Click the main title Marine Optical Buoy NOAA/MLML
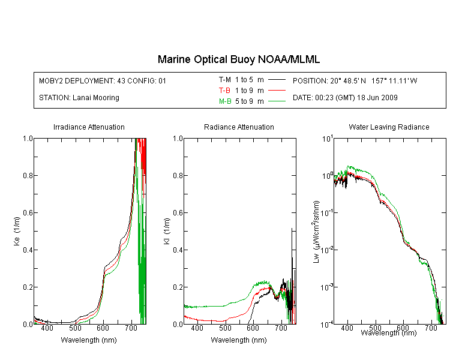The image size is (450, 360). coord(238,59)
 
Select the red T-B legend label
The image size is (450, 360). coord(224,91)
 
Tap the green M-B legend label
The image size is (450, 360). coord(225,101)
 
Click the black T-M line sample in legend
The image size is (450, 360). coord(277,80)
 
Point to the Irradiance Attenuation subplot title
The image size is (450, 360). coord(89,127)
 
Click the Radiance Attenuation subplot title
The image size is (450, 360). coord(239,127)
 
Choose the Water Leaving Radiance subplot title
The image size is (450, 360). coord(389,127)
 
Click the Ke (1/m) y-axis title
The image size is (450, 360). coord(17,231)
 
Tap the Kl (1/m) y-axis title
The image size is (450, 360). coord(167,232)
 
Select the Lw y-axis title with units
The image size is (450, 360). coord(316,232)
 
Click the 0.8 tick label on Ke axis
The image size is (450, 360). coord(28,175)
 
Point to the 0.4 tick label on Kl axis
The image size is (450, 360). coord(178,250)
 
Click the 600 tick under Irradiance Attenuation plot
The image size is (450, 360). coord(103,328)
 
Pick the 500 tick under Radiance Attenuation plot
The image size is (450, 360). coord(225,328)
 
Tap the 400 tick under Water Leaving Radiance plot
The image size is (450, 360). coord(347,328)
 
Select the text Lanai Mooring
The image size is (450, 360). coord(96,98)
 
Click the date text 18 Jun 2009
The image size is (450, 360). coord(377,98)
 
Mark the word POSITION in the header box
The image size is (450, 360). coord(309,81)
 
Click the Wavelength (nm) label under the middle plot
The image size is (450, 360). coord(239,340)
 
